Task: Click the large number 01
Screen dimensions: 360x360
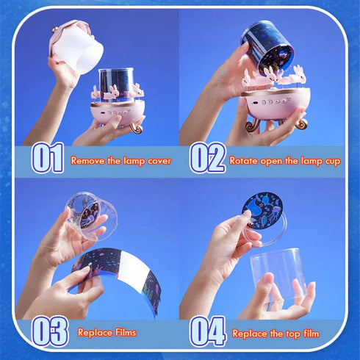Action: tap(47, 158)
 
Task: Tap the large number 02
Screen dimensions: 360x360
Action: tap(207, 158)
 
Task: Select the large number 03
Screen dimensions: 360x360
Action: tap(49, 331)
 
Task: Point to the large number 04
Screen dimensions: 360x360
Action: tap(208, 331)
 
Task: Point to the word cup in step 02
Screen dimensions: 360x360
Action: tap(330, 160)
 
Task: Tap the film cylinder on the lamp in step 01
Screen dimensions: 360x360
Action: tap(117, 82)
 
